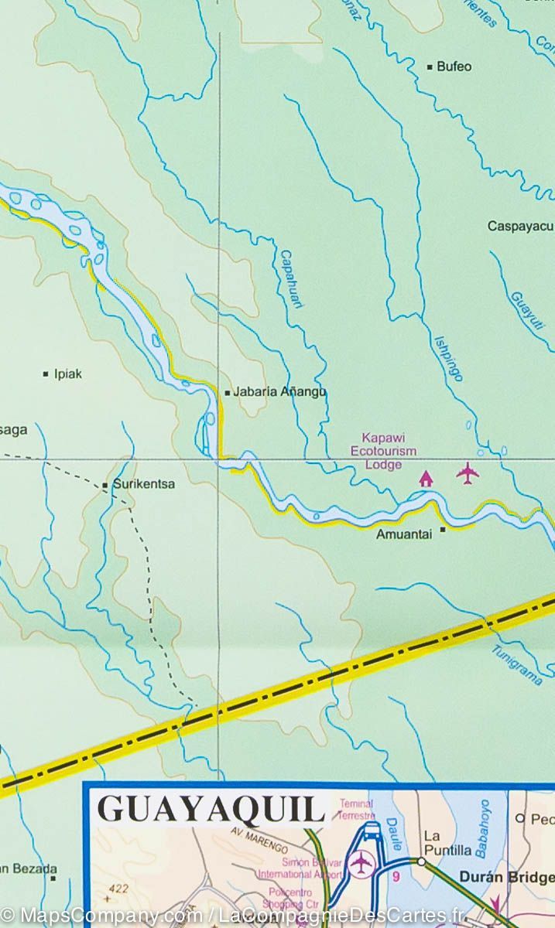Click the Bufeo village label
454,67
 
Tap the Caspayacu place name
520,227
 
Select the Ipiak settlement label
67,374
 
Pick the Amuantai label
403,534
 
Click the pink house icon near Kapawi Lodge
425,479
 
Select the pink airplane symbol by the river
468,473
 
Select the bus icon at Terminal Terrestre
372,833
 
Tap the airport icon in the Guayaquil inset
361,864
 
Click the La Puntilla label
447,843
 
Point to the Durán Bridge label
507,877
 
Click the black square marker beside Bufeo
430,67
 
